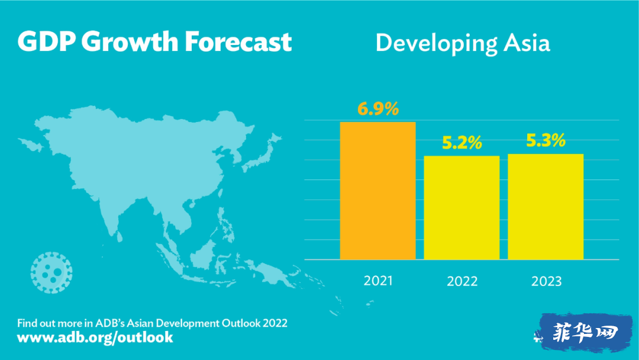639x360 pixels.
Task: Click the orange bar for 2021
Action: click(377, 191)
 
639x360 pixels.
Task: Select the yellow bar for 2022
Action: click(461, 207)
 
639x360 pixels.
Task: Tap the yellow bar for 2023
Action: click(546, 207)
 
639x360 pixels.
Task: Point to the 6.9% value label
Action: click(378, 109)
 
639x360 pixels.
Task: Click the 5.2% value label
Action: click(462, 143)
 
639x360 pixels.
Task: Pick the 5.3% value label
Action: click(546, 141)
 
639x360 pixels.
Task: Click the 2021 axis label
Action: click(378, 281)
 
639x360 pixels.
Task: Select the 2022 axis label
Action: click(462, 281)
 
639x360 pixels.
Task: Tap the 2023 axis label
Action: click(547, 281)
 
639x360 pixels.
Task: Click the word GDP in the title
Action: click(47, 41)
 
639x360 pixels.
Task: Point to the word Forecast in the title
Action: click(238, 41)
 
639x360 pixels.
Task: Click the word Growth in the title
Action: click(130, 41)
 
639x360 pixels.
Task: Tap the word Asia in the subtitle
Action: click(527, 43)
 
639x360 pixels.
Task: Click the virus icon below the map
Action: click(51, 272)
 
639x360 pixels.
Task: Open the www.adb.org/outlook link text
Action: click(95, 337)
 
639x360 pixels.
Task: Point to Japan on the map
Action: click(261, 154)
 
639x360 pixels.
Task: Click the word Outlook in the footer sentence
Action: click(241, 323)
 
